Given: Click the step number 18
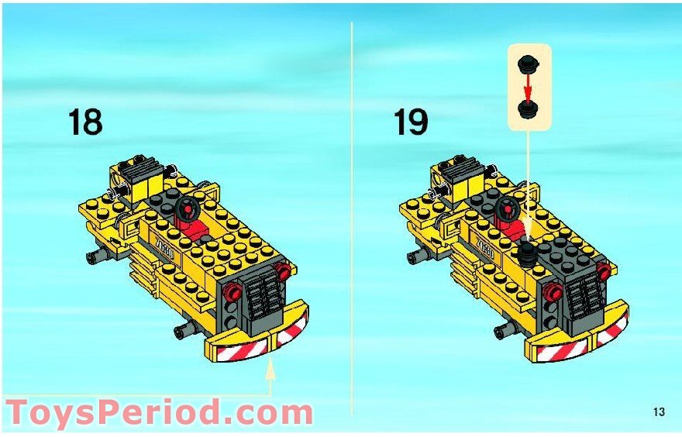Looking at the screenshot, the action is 85,122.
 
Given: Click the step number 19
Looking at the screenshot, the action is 411,122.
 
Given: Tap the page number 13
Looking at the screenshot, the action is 659,411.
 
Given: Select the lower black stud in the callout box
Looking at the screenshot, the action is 528,109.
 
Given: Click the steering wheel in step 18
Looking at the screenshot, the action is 188,208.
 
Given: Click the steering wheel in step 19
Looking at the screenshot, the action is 508,208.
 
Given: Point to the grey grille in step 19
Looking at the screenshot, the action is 584,300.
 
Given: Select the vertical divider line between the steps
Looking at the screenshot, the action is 351,218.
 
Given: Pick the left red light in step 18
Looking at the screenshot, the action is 232,291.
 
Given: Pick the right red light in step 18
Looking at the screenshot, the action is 283,270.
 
